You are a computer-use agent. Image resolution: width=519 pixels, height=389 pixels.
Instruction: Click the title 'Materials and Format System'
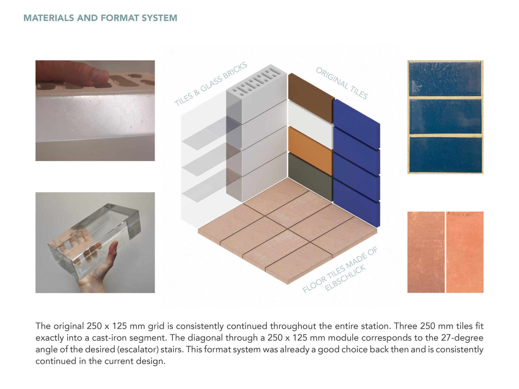pos(100,18)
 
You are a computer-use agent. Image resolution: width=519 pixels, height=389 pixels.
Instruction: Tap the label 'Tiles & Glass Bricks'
pos(211,84)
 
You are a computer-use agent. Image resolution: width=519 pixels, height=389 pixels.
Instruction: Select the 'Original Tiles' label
pos(342,83)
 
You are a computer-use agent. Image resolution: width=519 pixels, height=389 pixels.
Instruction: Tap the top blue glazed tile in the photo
pos(445,79)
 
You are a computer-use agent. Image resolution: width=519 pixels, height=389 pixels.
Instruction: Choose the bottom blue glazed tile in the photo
pos(445,155)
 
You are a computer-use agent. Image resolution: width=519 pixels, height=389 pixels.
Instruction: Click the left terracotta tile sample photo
pos(426,252)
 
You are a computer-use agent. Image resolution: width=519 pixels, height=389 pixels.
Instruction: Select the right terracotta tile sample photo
pos(465,252)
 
